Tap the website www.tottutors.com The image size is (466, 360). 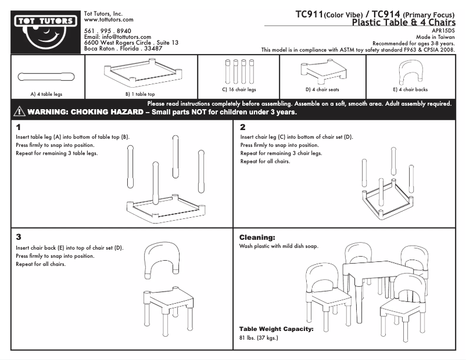pos(109,19)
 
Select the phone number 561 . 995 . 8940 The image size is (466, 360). pos(107,30)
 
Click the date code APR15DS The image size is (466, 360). pos(443,30)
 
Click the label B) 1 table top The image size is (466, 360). pos(140,93)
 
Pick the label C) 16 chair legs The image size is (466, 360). pos(239,90)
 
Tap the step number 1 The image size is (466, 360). pos(19,127)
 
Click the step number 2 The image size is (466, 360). pos(243,127)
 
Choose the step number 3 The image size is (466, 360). pos(19,237)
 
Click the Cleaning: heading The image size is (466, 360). pos(257,237)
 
